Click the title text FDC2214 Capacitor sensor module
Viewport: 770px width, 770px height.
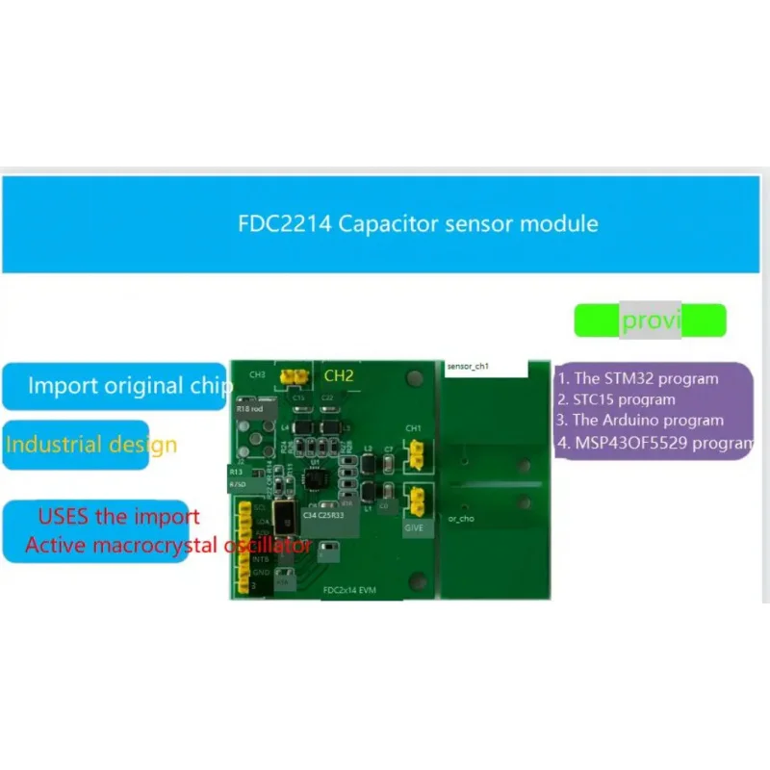[418, 224]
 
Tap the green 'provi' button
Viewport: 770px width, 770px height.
[650, 321]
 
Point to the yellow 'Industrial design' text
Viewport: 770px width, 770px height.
[90, 445]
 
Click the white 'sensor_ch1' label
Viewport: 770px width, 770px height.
[470, 367]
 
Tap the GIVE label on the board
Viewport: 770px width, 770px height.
[414, 527]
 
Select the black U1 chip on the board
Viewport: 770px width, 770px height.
[316, 476]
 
